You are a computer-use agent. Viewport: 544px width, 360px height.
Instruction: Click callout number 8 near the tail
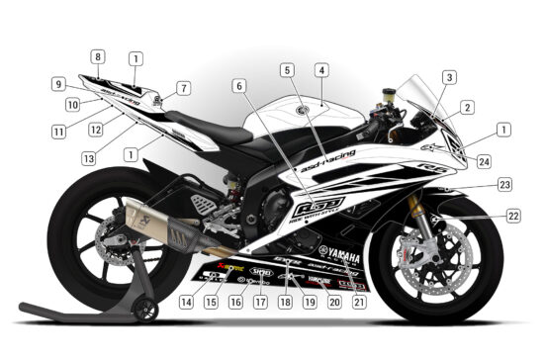99,56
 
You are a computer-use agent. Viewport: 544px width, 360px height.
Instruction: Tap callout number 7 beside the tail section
183,88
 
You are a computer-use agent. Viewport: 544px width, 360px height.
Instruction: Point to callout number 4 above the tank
320,70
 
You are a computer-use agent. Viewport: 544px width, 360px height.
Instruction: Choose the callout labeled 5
287,70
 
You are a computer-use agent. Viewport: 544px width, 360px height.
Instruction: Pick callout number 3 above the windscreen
449,77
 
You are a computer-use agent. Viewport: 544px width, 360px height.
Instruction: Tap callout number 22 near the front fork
512,215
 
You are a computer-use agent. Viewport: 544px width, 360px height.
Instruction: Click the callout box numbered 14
187,300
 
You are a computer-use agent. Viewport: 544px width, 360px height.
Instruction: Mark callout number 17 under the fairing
260,301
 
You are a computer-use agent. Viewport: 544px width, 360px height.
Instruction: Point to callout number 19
310,301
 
